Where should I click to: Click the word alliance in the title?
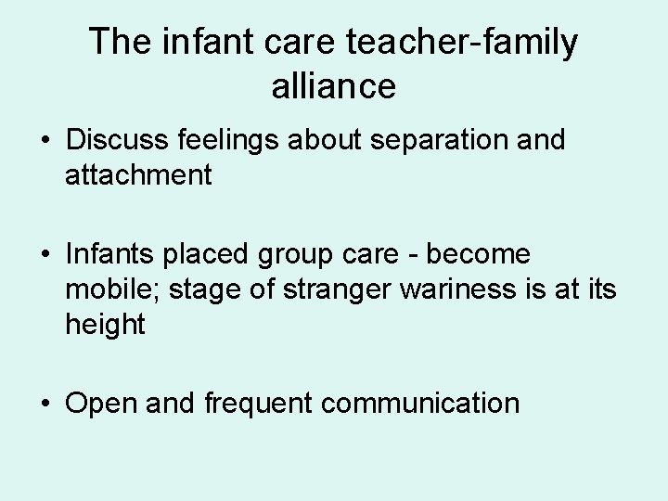coord(334,86)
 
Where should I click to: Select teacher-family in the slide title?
coord(457,43)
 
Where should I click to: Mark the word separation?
coord(430,140)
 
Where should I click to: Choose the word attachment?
coord(138,174)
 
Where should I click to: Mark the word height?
coord(105,326)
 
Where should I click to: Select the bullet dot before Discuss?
coord(45,141)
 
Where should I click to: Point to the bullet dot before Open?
coord(45,405)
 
